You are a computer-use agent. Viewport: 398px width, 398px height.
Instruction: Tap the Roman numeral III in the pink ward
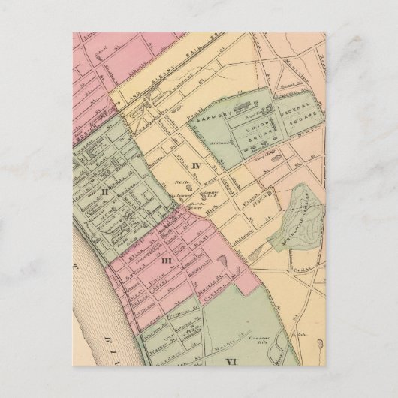[x=166, y=260]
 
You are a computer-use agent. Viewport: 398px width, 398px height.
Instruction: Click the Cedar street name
[x=303, y=265]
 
